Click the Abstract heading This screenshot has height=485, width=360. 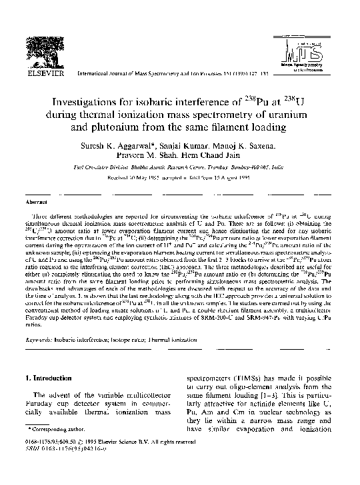[36, 201]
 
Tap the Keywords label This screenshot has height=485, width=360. [39, 339]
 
